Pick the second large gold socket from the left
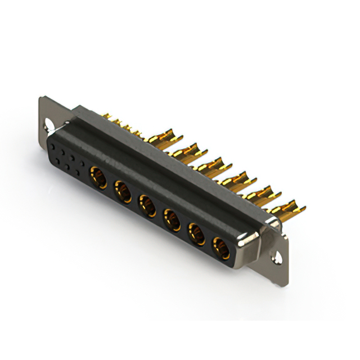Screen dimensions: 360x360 [x=121, y=190]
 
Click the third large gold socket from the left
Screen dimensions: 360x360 [x=146, y=205]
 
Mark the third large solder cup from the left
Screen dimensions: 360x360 [x=213, y=164]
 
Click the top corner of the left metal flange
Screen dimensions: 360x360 [x=41, y=97]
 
